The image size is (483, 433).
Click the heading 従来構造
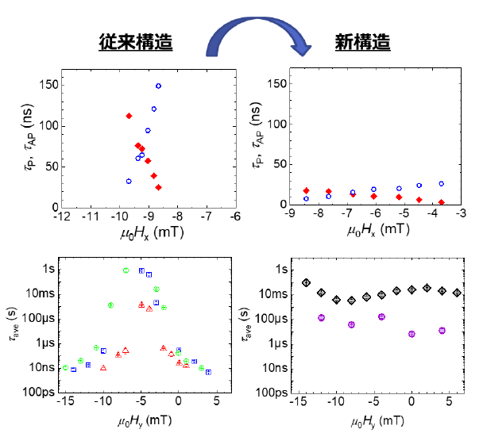click(136, 41)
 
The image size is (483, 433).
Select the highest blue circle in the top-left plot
click(158, 86)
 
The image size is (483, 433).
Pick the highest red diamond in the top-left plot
click(129, 116)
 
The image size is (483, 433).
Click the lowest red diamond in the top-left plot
click(158, 187)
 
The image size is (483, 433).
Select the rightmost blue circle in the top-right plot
click(441, 184)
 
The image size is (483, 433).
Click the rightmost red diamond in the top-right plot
click(441, 203)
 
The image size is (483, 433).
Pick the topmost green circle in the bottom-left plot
click(126, 270)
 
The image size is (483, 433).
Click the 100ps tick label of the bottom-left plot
click(38, 392)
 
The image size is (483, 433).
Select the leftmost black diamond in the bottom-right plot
click(306, 282)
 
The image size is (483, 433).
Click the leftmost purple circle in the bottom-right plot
click(321, 317)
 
